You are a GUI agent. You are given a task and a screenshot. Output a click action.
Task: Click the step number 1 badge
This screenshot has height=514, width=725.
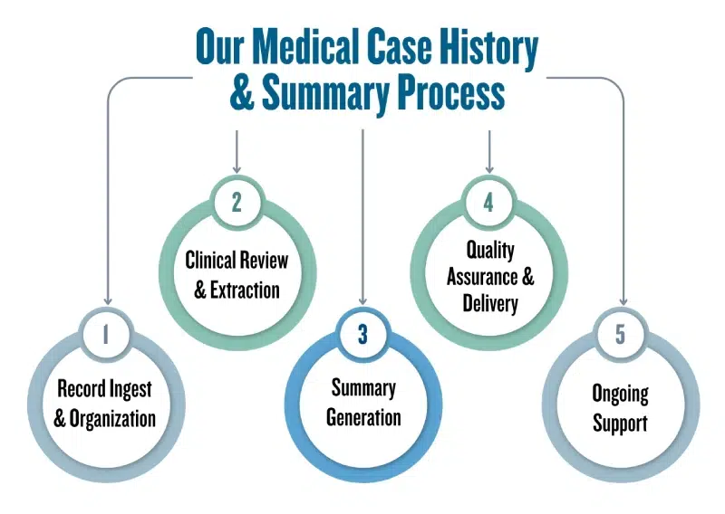[x=106, y=334]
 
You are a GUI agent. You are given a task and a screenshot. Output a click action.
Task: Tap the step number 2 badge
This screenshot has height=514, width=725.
[x=237, y=202]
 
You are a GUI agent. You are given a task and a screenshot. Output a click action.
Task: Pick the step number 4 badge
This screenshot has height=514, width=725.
[x=488, y=202]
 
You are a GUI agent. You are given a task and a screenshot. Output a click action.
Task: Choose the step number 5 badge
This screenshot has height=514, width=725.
[x=620, y=334]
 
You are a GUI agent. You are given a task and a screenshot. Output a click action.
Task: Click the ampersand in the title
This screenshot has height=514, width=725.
[x=242, y=94]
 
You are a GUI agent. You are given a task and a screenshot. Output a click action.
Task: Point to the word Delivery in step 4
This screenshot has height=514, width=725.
[x=489, y=301]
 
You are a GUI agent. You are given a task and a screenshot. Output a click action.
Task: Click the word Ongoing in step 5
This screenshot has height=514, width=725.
[x=620, y=395]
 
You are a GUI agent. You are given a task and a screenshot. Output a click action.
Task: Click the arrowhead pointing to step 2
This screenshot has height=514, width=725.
[x=237, y=167]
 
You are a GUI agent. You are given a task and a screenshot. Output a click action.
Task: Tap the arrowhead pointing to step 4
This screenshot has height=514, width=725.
[x=489, y=167]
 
